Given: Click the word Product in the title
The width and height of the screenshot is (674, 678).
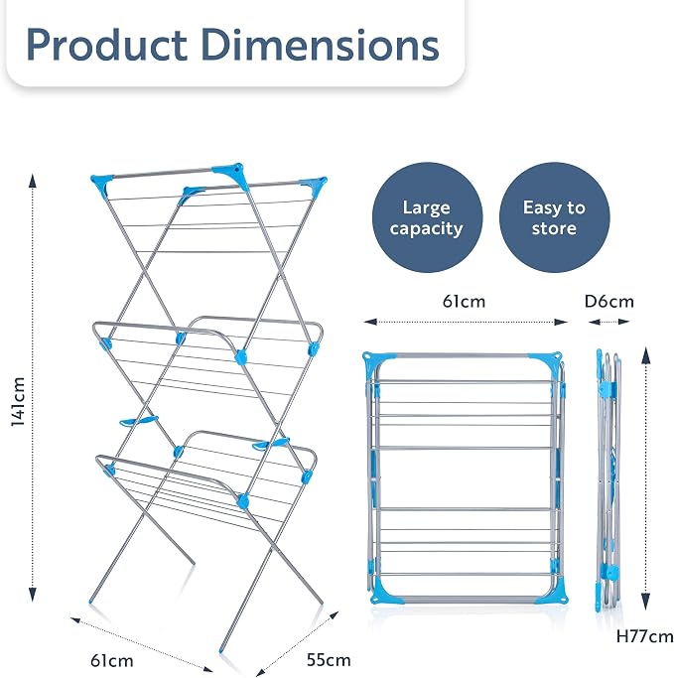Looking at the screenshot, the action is pyautogui.click(x=107, y=45).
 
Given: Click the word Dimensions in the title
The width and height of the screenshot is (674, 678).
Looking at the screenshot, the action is pyautogui.click(x=320, y=45).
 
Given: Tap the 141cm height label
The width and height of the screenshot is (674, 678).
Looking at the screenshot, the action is pyautogui.click(x=18, y=401).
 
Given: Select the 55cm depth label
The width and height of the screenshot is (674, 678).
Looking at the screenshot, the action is pyautogui.click(x=329, y=660).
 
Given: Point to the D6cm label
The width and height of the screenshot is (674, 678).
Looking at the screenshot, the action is pyautogui.click(x=609, y=302).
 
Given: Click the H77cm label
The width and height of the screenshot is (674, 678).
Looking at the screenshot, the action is pyautogui.click(x=644, y=636).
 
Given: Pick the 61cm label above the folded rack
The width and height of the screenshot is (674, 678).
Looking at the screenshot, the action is pyautogui.click(x=464, y=302).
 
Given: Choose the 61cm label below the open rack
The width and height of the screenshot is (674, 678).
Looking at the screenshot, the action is pyautogui.click(x=112, y=660).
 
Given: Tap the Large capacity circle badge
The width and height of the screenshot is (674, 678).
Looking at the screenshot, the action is pyautogui.click(x=427, y=217).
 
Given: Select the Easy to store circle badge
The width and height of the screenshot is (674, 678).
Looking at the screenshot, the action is pyautogui.click(x=554, y=217).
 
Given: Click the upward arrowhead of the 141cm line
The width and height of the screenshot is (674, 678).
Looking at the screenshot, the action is pyautogui.click(x=33, y=181).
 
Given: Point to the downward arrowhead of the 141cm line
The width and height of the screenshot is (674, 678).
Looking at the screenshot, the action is pyautogui.click(x=33, y=595).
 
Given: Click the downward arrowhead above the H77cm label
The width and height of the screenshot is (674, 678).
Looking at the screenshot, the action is pyautogui.click(x=645, y=602).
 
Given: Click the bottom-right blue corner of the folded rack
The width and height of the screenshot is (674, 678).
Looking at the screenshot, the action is pyautogui.click(x=555, y=595).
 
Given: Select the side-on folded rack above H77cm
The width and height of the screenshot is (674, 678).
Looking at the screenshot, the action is pyautogui.click(x=608, y=480).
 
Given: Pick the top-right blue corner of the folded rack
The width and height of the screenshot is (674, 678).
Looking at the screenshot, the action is pyautogui.click(x=548, y=360).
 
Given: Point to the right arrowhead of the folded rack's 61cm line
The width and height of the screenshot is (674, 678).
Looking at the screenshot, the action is pyautogui.click(x=561, y=322).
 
